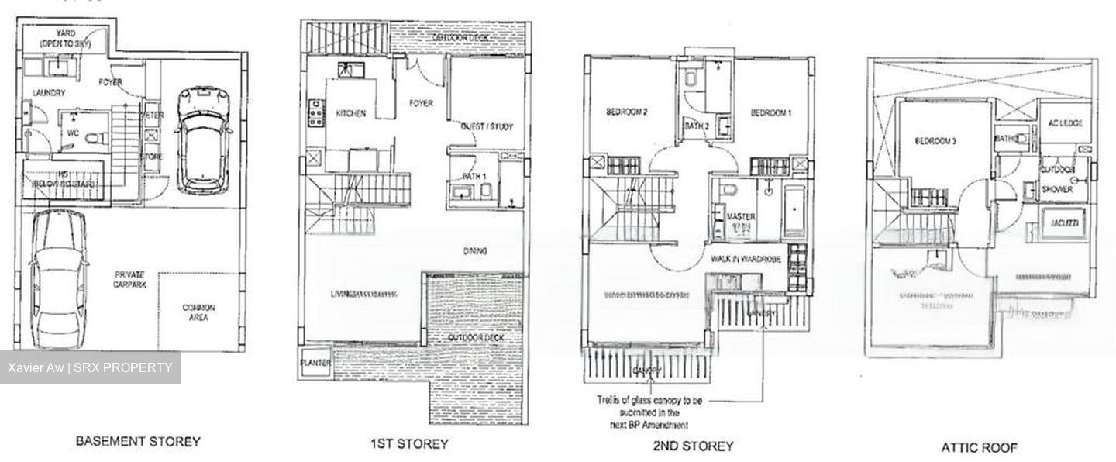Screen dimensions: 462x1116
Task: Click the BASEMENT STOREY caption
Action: [137, 442]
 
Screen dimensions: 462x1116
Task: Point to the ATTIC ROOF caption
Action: [979, 447]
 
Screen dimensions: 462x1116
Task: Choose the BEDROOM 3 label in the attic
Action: [935, 141]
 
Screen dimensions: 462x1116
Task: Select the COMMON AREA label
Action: [199, 313]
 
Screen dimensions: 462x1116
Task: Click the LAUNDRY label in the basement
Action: [49, 93]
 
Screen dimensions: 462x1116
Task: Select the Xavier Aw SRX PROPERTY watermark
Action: [90, 367]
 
